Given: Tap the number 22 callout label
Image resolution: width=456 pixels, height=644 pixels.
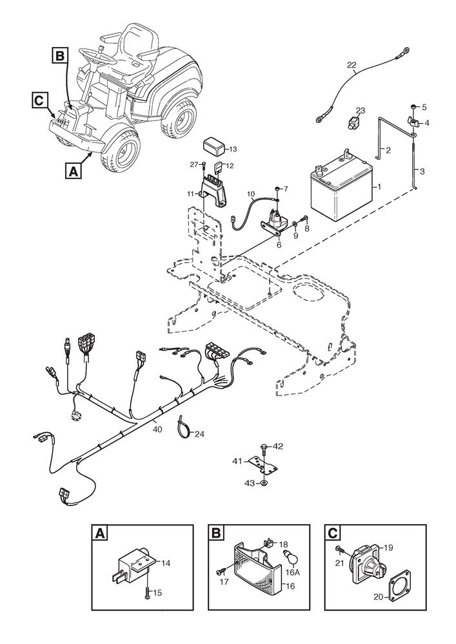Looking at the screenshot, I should point(351,64).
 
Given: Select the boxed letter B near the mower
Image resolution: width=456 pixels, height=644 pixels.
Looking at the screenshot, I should point(59,56).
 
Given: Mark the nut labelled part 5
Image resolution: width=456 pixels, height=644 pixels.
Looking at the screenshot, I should point(413,107).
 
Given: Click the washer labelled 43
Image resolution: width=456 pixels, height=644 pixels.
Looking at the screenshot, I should point(264,482).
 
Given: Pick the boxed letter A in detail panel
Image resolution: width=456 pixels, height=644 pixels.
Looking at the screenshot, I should point(99,533).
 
